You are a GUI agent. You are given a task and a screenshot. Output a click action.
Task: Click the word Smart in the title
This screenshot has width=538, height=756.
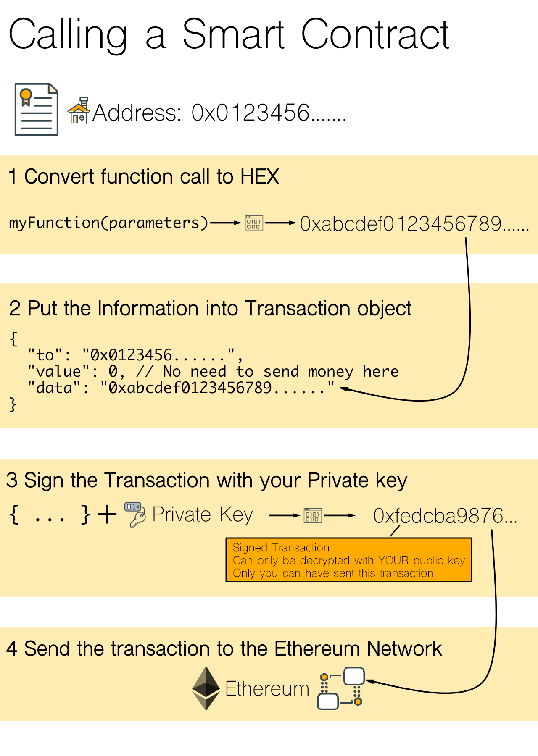tap(233, 34)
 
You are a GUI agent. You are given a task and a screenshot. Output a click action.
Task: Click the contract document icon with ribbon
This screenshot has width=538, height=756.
tap(37, 110)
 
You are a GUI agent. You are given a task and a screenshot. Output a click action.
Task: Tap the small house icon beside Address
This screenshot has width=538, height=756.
tap(79, 111)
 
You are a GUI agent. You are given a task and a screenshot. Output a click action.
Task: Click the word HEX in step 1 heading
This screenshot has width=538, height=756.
tap(259, 176)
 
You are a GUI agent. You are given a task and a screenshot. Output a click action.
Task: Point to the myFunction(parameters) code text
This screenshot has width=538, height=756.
tap(108, 223)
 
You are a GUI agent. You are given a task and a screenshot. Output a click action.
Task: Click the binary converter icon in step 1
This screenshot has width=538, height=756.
tap(254, 223)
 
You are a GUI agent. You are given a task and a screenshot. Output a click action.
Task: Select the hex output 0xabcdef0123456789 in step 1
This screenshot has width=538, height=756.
tap(414, 224)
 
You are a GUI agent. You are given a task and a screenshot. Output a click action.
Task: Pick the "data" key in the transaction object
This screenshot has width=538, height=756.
tap(54, 388)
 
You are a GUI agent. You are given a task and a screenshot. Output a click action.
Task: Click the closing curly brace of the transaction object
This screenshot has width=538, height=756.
tap(13, 404)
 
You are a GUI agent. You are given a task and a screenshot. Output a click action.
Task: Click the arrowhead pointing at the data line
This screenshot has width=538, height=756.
tap(344, 389)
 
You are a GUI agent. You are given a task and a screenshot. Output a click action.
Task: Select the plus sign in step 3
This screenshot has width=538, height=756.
tap(107, 514)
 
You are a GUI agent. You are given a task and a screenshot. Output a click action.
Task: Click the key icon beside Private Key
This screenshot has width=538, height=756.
tap(135, 514)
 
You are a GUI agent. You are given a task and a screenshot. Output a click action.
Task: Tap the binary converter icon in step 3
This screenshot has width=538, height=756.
tap(313, 515)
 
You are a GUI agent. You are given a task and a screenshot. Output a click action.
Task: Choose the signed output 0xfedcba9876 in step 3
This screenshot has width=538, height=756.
tap(445, 516)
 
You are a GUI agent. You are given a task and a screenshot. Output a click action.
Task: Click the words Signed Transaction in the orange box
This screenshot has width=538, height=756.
tap(281, 548)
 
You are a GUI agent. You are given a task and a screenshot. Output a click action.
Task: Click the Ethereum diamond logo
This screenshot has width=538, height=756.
tap(206, 688)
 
